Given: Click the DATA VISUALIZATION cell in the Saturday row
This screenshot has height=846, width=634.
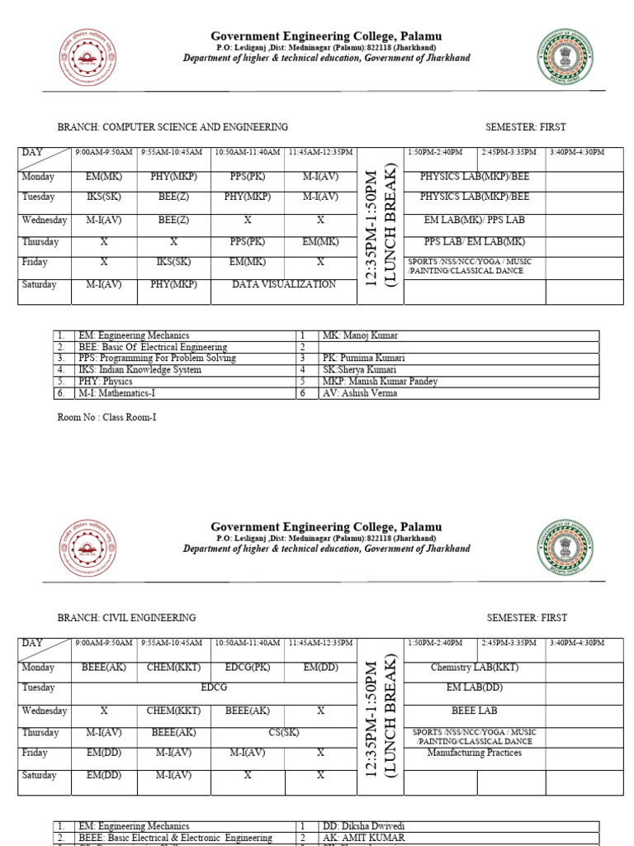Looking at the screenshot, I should coord(284,284).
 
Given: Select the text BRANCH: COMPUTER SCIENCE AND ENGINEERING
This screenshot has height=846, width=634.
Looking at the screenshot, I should coord(172,127).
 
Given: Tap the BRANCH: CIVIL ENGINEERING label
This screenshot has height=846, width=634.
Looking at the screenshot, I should coord(126,618).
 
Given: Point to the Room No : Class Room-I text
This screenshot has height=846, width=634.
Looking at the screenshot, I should coord(106,417).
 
